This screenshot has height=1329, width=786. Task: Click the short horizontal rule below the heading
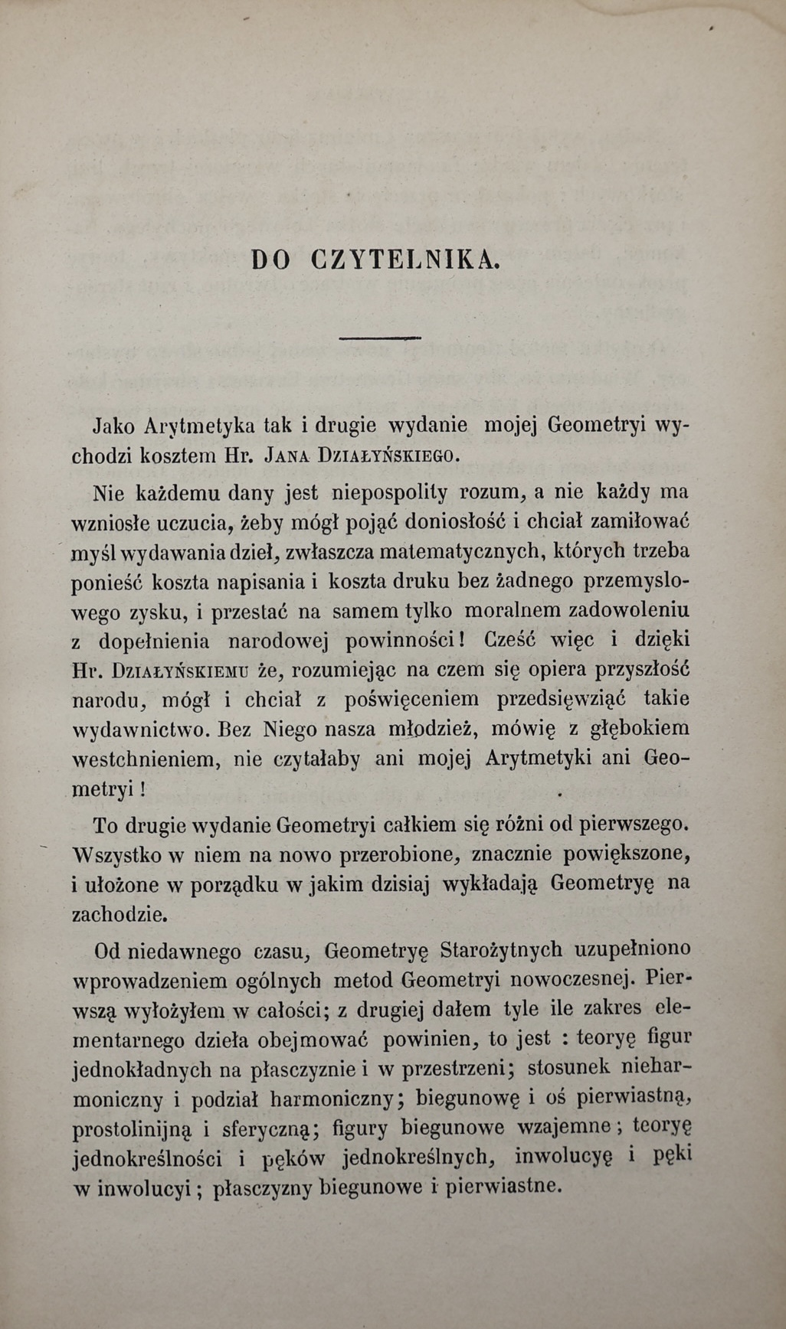click(379, 337)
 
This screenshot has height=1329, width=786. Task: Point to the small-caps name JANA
click(285, 457)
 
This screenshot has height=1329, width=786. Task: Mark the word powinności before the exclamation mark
click(401, 640)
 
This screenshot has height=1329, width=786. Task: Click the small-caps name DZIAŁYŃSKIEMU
click(180, 671)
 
